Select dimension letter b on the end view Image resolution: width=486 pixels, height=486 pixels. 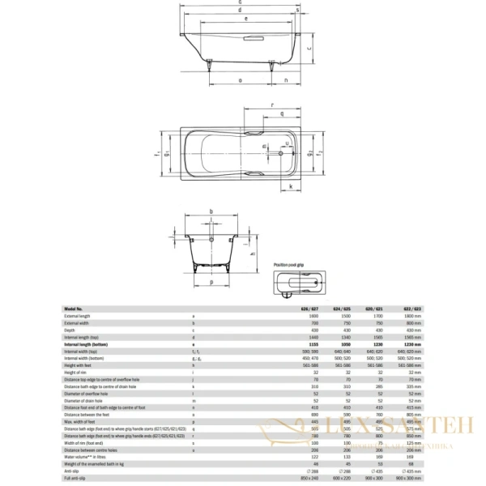(211, 211)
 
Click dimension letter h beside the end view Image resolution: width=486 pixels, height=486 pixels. (254, 255)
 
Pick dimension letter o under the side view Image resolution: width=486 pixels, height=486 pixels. (241, 81)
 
